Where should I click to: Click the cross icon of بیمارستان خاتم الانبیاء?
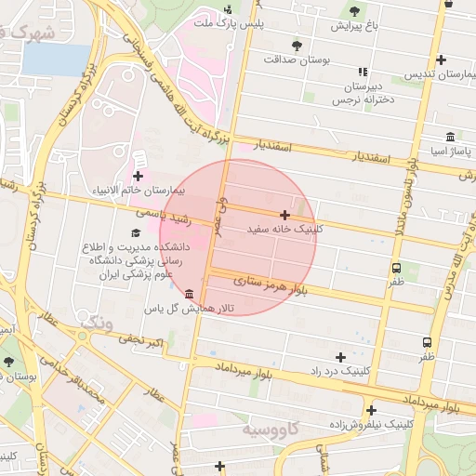(139, 175)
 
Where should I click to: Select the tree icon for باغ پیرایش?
(353, 11)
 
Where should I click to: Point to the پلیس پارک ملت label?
(228, 21)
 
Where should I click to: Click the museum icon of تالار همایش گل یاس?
(190, 294)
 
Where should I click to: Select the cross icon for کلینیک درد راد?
(340, 357)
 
